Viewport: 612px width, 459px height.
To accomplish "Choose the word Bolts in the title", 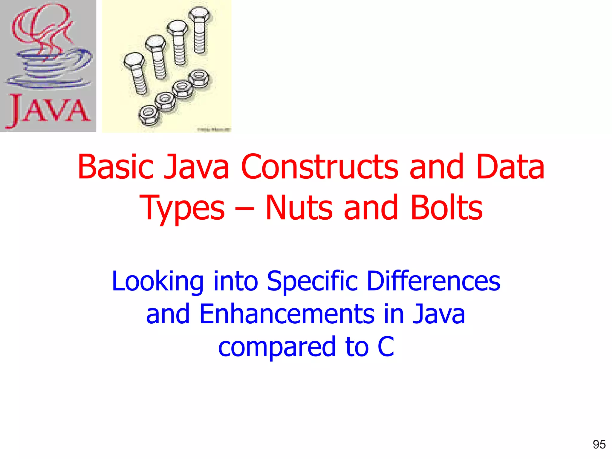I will click(446, 208).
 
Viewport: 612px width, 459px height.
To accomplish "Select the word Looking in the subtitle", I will click(157, 281).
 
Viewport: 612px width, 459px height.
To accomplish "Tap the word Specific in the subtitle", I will click(312, 281).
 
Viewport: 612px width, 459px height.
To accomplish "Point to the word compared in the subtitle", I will click(277, 347).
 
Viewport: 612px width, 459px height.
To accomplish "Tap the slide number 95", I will click(599, 445).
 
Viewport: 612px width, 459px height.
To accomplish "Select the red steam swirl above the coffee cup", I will click(42, 30).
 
